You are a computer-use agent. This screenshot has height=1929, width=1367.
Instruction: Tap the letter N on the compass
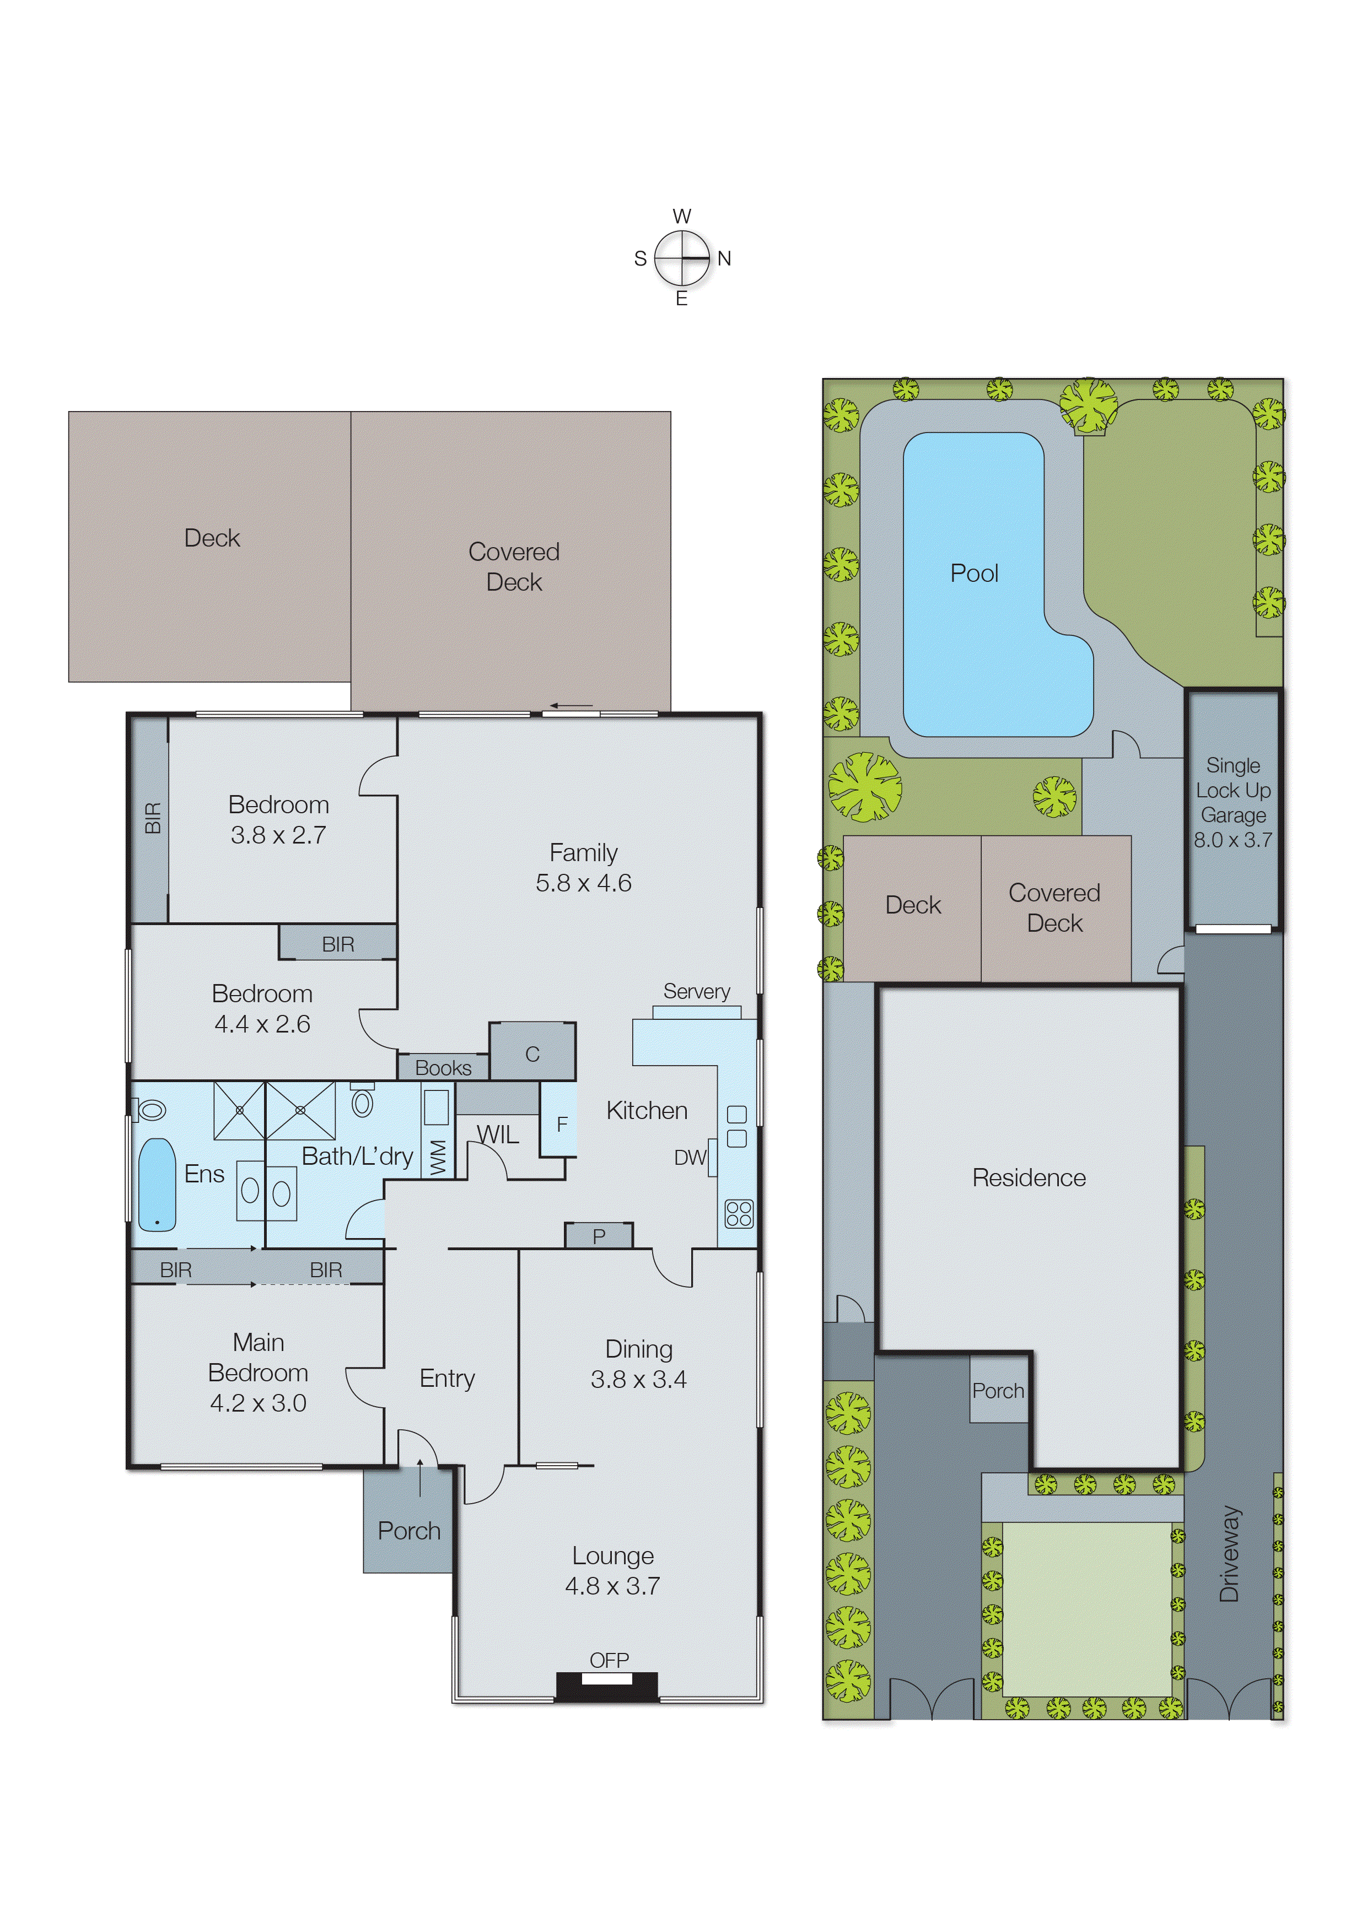tap(724, 258)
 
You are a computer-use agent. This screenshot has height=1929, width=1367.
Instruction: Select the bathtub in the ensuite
tap(157, 1185)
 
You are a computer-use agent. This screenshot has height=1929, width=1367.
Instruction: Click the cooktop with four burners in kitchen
tap(738, 1214)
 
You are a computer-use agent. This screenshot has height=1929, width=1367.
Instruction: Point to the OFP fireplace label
tap(609, 1660)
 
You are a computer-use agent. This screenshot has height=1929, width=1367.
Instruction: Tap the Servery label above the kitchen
tap(696, 991)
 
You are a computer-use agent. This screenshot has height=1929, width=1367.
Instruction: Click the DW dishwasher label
tap(690, 1158)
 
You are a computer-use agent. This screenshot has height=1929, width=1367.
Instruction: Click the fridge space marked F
tap(562, 1124)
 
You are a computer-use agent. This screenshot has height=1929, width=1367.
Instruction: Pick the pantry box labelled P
tap(599, 1236)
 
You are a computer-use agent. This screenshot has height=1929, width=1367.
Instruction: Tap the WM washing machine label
tap(437, 1157)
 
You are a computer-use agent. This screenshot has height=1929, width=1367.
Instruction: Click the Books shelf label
tap(443, 1068)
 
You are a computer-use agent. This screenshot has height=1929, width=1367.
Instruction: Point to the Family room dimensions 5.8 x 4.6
tap(583, 883)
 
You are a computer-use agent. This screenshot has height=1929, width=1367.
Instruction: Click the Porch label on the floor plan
tap(409, 1530)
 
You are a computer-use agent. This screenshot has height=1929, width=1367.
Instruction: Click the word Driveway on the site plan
tap(1230, 1553)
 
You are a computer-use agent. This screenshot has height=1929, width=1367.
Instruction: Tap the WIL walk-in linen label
tap(498, 1135)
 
